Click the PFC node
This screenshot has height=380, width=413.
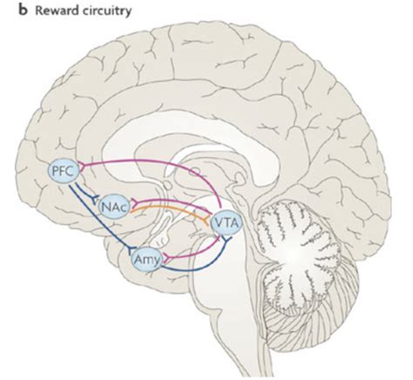click(x=64, y=172)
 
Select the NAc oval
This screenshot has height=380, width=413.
click(x=113, y=207)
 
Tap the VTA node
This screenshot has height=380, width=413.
click(x=227, y=224)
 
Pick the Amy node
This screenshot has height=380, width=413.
click(x=146, y=260)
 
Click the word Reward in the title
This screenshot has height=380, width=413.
click(x=57, y=11)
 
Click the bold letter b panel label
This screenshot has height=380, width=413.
click(x=24, y=10)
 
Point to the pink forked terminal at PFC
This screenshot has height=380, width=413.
click(x=82, y=166)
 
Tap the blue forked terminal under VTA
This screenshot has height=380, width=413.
click(x=227, y=239)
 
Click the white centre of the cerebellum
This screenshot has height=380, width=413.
click(x=294, y=254)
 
